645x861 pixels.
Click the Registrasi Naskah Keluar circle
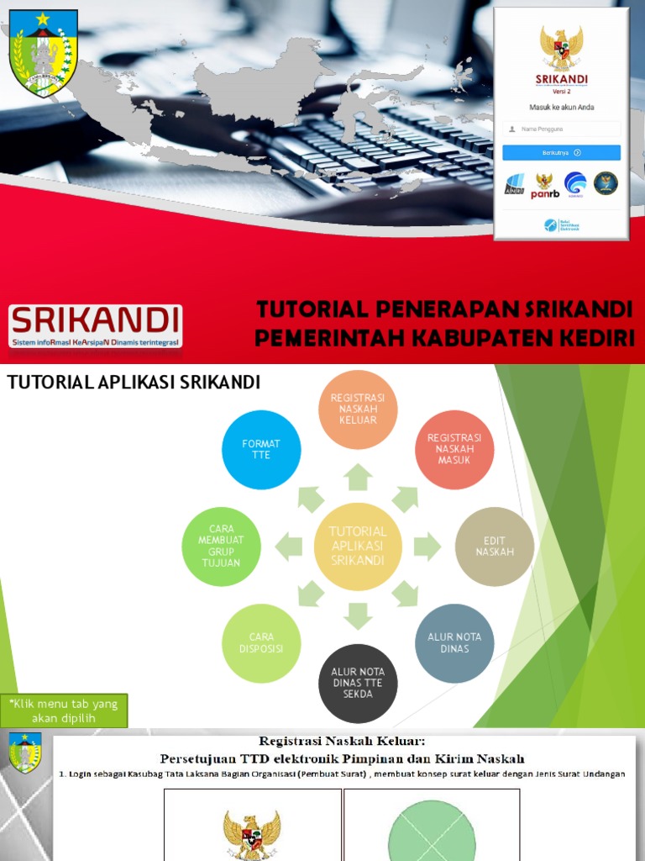point(358,409)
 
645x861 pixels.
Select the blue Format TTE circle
point(261,449)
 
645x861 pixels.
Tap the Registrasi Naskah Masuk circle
point(454,449)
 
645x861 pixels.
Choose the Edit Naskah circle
point(495,546)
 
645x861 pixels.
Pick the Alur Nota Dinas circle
point(454,643)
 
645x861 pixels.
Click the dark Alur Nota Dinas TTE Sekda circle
point(358,684)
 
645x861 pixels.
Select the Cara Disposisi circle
point(261,643)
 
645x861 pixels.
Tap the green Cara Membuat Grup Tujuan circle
point(221,546)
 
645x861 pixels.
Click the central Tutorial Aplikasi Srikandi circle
point(358,546)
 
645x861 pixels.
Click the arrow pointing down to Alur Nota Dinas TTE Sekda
point(358,615)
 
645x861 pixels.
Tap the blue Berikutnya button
point(561,153)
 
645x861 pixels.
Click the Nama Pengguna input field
point(561,129)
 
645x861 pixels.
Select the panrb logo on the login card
point(544,185)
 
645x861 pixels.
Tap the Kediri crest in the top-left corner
point(43,53)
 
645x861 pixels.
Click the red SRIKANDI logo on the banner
point(96,325)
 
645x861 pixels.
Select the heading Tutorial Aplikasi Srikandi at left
point(134,383)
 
